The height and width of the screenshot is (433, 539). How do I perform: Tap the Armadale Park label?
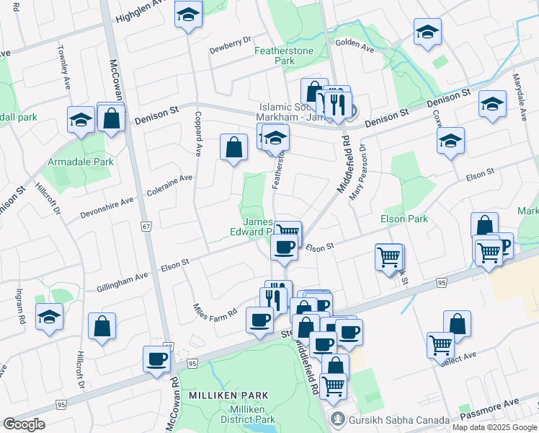click(81, 162)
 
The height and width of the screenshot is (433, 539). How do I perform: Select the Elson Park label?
click(404, 219)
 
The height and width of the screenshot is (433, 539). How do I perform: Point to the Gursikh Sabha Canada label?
click(389, 419)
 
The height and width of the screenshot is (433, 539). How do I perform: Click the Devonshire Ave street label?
click(107, 207)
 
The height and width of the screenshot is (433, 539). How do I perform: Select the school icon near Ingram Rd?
click(50, 317)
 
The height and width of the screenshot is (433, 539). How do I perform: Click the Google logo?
click(23, 424)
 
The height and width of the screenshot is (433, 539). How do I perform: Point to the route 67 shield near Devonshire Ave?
click(146, 227)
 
